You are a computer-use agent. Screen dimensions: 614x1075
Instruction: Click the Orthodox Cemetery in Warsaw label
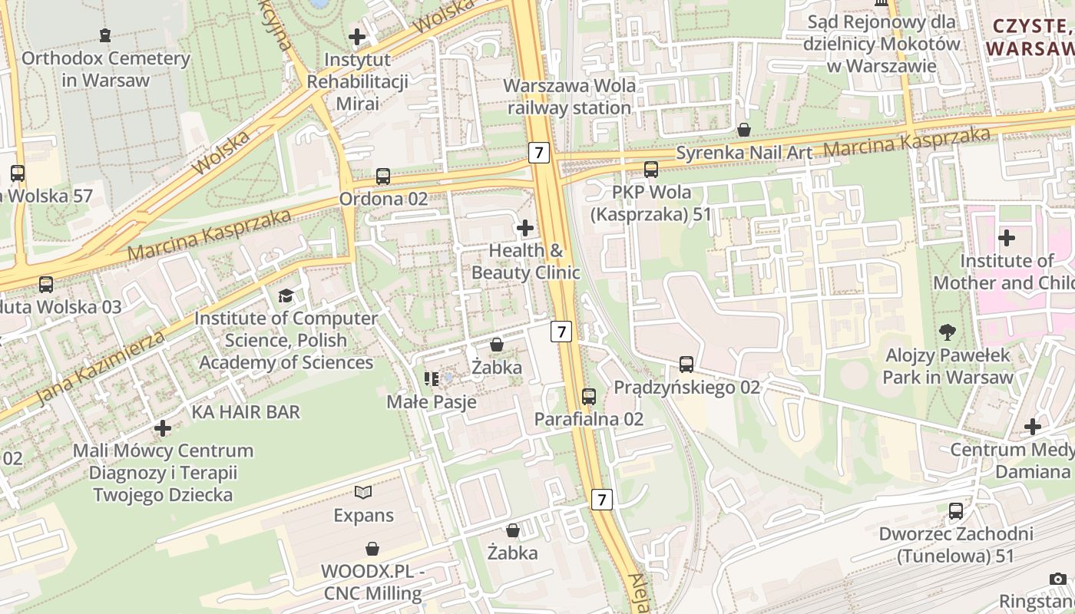click(x=105, y=69)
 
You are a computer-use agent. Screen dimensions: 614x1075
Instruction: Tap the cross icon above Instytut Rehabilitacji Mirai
click(x=357, y=36)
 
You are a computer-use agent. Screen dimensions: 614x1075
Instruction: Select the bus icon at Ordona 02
click(x=383, y=177)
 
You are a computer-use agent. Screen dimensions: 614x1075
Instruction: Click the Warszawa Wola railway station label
click(x=569, y=97)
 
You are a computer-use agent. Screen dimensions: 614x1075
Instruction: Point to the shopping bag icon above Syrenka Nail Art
click(x=743, y=130)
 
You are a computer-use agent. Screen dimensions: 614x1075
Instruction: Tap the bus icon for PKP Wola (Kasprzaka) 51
click(x=651, y=170)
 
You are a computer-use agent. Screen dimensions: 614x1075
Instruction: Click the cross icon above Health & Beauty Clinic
click(x=525, y=228)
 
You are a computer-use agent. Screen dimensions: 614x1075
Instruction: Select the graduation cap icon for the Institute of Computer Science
click(x=286, y=295)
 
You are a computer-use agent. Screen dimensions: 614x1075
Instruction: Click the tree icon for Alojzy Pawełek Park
click(x=948, y=332)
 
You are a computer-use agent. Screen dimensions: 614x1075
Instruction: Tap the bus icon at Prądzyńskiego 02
click(x=686, y=365)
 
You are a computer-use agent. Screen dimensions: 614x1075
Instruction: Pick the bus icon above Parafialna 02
click(x=589, y=397)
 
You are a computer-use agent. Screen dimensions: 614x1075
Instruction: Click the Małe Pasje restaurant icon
click(x=431, y=378)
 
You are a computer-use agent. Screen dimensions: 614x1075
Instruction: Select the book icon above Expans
click(x=363, y=492)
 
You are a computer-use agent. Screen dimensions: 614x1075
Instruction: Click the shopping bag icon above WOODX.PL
click(x=372, y=549)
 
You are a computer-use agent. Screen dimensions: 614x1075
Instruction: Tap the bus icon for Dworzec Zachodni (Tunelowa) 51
click(x=956, y=511)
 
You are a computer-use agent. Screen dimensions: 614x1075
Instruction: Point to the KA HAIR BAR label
click(x=246, y=412)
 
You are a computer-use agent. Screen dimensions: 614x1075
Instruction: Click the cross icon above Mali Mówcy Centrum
click(x=162, y=427)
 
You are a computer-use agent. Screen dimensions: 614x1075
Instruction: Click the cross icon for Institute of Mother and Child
click(x=1006, y=238)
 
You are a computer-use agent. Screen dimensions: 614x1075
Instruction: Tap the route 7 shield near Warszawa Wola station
click(x=539, y=153)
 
